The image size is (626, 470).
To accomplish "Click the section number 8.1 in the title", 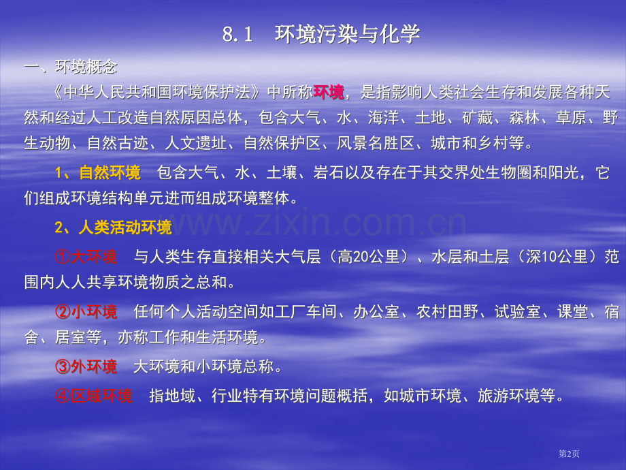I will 237,35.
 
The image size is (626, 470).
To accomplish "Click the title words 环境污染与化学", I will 347,35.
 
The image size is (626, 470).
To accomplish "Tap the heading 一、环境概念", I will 71,67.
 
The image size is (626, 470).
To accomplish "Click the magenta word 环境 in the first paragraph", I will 329,93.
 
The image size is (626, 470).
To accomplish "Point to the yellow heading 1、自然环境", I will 97,173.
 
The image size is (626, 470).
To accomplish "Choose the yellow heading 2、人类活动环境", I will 113,228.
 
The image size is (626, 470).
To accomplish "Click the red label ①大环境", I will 86,257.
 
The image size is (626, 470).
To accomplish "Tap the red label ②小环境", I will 86,313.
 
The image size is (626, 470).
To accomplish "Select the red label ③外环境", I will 86,367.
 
